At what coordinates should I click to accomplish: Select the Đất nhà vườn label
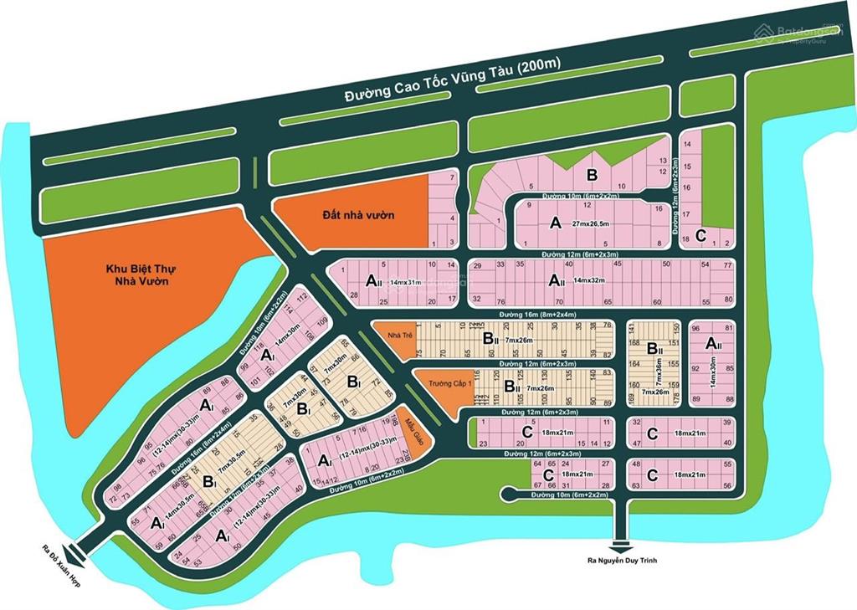pos(358,215)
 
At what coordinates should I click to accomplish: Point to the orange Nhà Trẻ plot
pos(393,335)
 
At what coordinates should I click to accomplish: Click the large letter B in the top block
pos(593,175)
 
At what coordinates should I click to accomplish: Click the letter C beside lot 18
pos(700,233)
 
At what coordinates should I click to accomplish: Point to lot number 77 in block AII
pos(728,264)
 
